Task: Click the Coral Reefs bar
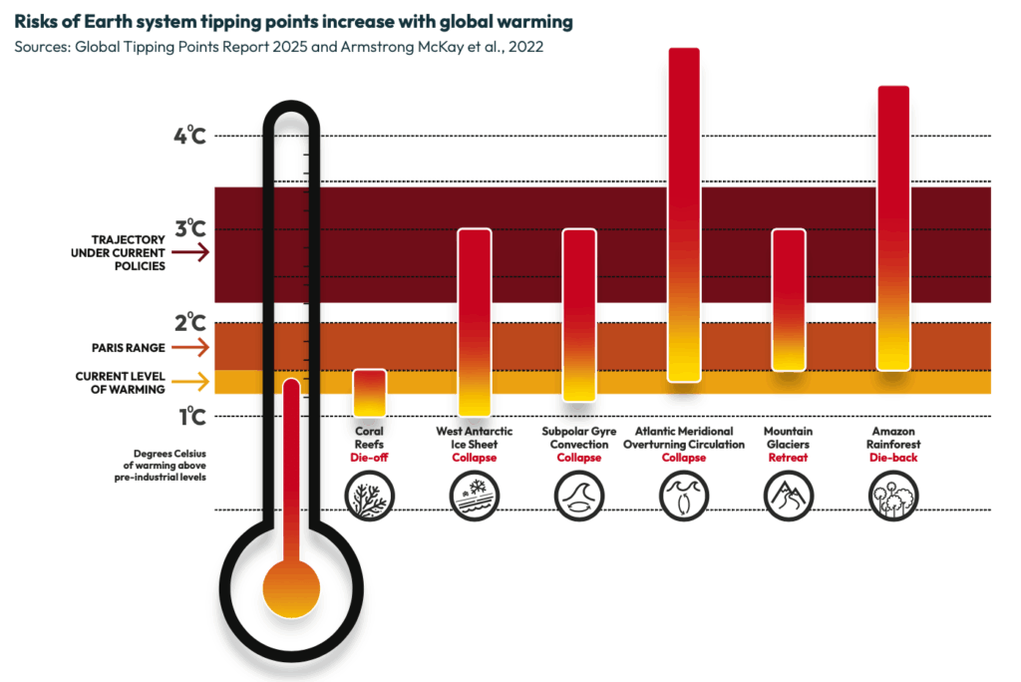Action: [370, 393]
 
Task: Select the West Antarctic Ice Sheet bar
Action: [475, 322]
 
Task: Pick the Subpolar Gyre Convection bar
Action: [579, 315]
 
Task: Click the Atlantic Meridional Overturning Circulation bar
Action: [684, 214]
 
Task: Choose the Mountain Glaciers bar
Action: [789, 299]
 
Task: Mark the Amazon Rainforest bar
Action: [893, 228]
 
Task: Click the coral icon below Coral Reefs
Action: [370, 494]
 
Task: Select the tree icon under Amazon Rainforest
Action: [893, 494]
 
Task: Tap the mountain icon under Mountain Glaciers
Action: [789, 494]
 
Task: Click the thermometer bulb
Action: [291, 587]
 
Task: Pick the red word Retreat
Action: [789, 458]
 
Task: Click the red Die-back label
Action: [893, 458]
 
